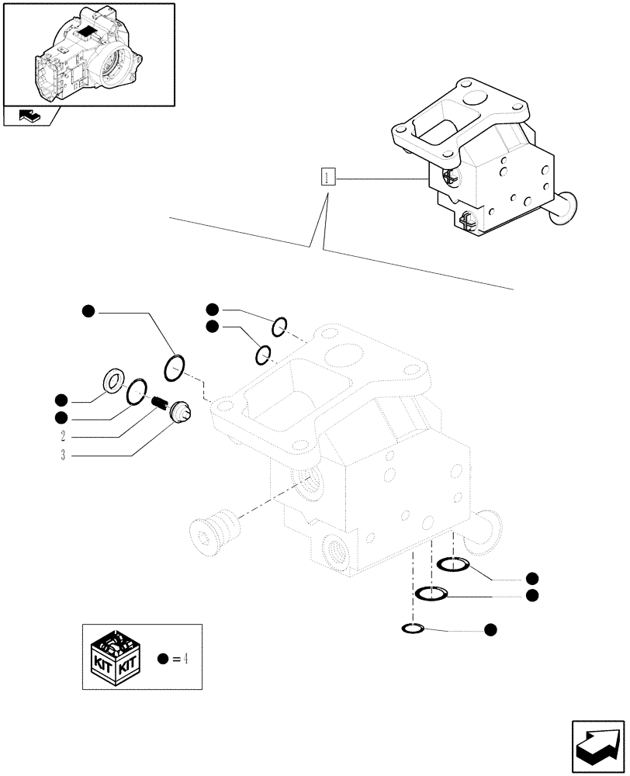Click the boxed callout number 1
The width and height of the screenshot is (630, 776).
(x=328, y=178)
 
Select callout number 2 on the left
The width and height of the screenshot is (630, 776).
(x=61, y=435)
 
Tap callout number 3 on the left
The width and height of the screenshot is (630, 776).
(x=61, y=456)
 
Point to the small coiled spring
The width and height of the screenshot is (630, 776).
(x=160, y=402)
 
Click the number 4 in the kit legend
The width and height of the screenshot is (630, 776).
(x=186, y=659)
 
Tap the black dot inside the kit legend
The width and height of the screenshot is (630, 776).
(x=162, y=659)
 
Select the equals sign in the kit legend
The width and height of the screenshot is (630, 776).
(x=175, y=659)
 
